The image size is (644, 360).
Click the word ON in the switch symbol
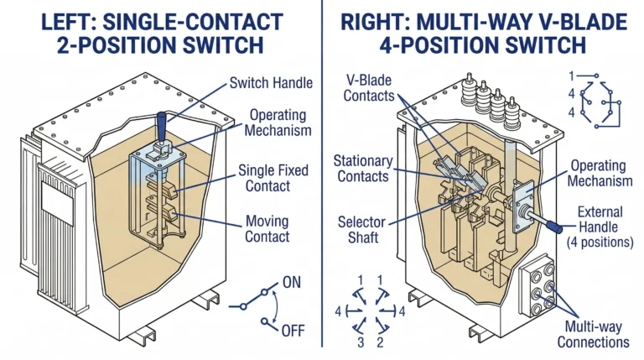click(293, 284)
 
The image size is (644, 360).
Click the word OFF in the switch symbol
click(293, 330)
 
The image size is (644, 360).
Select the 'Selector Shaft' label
click(363, 228)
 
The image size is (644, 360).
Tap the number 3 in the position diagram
click(360, 342)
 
